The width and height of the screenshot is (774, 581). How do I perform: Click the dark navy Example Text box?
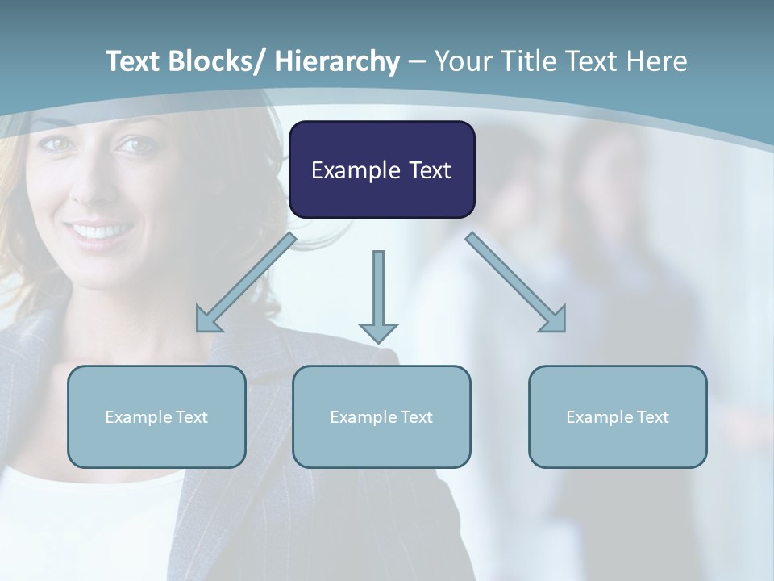[x=381, y=169]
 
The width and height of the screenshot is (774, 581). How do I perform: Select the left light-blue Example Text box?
[x=156, y=416]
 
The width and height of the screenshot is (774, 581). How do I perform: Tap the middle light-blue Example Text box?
[x=381, y=416]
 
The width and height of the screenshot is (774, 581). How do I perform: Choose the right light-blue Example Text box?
[x=618, y=416]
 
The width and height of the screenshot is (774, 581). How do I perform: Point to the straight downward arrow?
[x=378, y=295]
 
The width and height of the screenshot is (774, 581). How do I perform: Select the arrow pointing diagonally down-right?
[x=516, y=282]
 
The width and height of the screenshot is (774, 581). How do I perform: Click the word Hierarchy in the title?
[x=336, y=61]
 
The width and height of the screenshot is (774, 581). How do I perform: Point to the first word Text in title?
[x=134, y=61]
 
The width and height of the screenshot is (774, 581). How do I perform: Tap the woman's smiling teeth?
[x=101, y=232]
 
